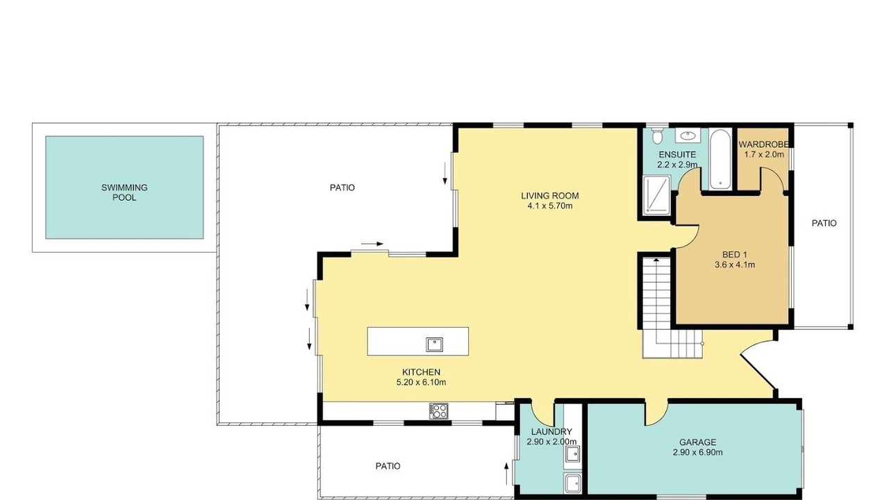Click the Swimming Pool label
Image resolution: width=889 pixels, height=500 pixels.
click(x=124, y=192)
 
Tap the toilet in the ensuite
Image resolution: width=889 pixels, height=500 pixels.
click(x=657, y=135)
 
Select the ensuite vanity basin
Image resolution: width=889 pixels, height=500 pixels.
click(x=688, y=135)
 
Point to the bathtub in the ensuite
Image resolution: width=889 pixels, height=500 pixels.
click(x=720, y=159)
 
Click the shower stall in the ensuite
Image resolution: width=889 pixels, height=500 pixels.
click(x=657, y=195)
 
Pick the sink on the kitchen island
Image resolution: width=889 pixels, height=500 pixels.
click(x=434, y=344)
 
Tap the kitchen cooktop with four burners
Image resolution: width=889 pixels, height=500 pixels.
click(x=438, y=410)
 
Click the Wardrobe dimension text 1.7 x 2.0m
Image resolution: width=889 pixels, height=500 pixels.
click(x=764, y=154)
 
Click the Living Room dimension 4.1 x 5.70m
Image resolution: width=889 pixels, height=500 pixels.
click(x=549, y=206)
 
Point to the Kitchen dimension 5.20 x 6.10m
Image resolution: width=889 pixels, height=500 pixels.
click(x=421, y=383)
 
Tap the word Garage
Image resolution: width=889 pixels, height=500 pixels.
click(x=698, y=442)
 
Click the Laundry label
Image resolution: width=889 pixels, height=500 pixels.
click(x=551, y=432)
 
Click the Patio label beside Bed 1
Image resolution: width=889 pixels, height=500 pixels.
click(x=824, y=224)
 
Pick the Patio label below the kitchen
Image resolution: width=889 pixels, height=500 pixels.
click(x=388, y=466)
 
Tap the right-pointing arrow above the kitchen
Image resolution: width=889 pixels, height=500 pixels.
click(x=372, y=244)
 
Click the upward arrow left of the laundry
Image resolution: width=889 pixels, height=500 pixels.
click(x=506, y=474)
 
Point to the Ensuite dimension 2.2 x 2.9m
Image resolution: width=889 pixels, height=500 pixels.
click(x=677, y=165)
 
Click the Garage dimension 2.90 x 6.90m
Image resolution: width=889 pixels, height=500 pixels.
click(x=698, y=452)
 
